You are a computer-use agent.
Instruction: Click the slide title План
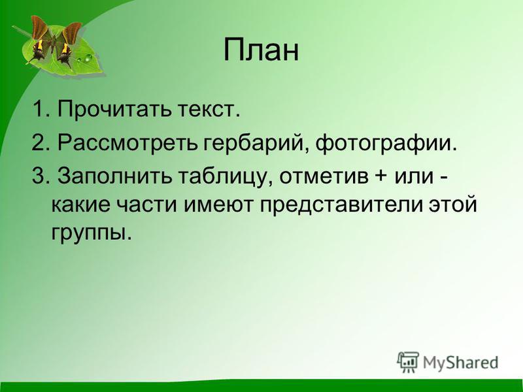click(x=261, y=50)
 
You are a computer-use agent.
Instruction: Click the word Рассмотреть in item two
click(x=127, y=143)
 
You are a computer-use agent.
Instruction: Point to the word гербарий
click(x=256, y=143)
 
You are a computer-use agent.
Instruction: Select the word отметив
click(x=324, y=177)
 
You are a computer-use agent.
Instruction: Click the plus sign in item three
click(x=382, y=177)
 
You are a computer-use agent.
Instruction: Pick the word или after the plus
click(x=414, y=178)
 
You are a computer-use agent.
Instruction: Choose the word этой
click(x=452, y=206)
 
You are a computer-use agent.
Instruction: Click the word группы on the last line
click(x=90, y=233)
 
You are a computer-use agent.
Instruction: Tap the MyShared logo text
click(x=461, y=363)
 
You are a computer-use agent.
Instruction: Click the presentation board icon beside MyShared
click(x=408, y=361)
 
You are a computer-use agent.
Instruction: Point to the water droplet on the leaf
click(x=87, y=59)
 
